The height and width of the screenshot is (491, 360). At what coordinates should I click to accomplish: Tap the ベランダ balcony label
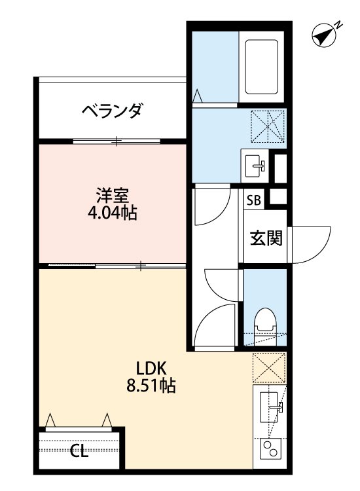111,111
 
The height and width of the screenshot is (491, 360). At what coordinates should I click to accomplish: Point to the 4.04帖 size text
113,213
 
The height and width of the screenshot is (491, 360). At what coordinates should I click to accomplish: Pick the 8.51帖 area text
151,386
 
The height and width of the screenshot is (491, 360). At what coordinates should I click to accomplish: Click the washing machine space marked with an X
269,125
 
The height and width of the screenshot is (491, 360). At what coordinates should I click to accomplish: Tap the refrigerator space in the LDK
269,368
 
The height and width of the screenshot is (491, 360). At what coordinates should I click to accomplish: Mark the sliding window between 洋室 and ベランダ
117,141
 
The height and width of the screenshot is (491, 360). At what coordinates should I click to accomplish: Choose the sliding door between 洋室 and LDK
118,266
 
